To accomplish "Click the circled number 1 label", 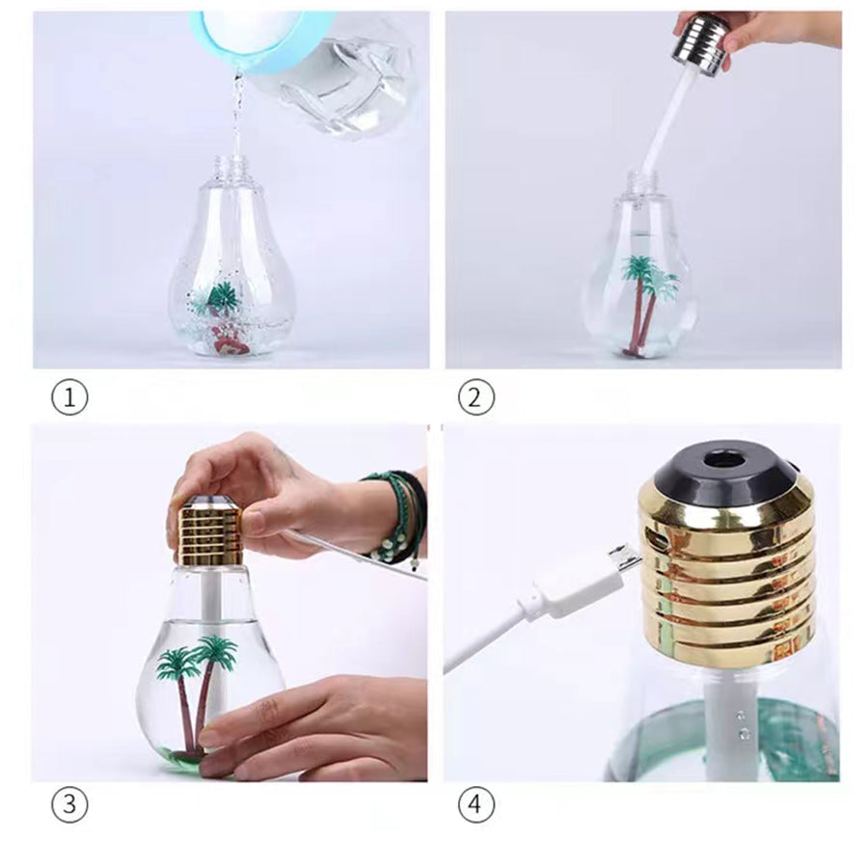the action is tap(69, 397).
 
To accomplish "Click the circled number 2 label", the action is tap(476, 397).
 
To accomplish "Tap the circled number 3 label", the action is tap(69, 804).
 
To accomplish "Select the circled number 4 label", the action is tap(476, 804).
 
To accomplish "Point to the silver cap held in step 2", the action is tap(700, 44).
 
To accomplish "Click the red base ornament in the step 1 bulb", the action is tap(230, 339).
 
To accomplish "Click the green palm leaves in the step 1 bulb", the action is tap(222, 296).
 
